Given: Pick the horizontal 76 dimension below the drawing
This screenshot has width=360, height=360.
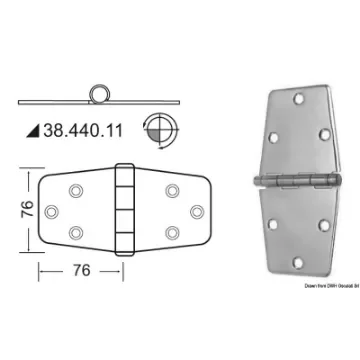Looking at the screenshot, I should pyautogui.click(x=84, y=270).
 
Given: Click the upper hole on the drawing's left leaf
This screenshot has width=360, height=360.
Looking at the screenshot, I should pyautogui.click(x=76, y=190).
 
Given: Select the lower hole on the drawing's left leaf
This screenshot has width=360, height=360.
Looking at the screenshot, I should pyautogui.click(x=76, y=233).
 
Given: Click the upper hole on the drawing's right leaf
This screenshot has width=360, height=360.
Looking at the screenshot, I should pyautogui.click(x=172, y=190).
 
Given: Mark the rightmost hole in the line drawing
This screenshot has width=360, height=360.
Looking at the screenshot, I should pyautogui.click(x=196, y=211).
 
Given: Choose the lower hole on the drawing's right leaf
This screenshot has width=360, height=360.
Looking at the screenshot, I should pyautogui.click(x=172, y=233).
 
